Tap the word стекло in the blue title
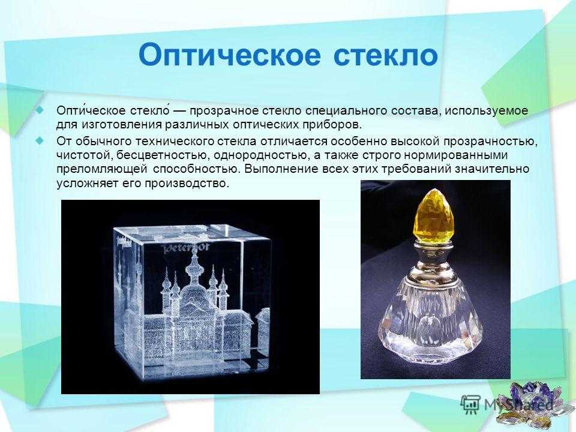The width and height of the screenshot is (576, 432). pyautogui.click(x=386, y=56)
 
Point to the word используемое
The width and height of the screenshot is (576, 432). pyautogui.click(x=487, y=110)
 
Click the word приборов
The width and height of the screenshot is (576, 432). pyautogui.click(x=332, y=125)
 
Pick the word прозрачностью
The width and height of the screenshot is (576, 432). pyautogui.click(x=491, y=142)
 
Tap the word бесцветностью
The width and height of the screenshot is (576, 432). pyautogui.click(x=161, y=155)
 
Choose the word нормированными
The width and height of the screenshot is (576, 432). pyautogui.click(x=456, y=155)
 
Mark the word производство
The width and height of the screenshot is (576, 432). pyautogui.click(x=187, y=184)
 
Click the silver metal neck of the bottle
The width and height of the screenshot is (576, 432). pyautogui.click(x=433, y=261)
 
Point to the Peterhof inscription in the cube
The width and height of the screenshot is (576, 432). pyautogui.click(x=186, y=248)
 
